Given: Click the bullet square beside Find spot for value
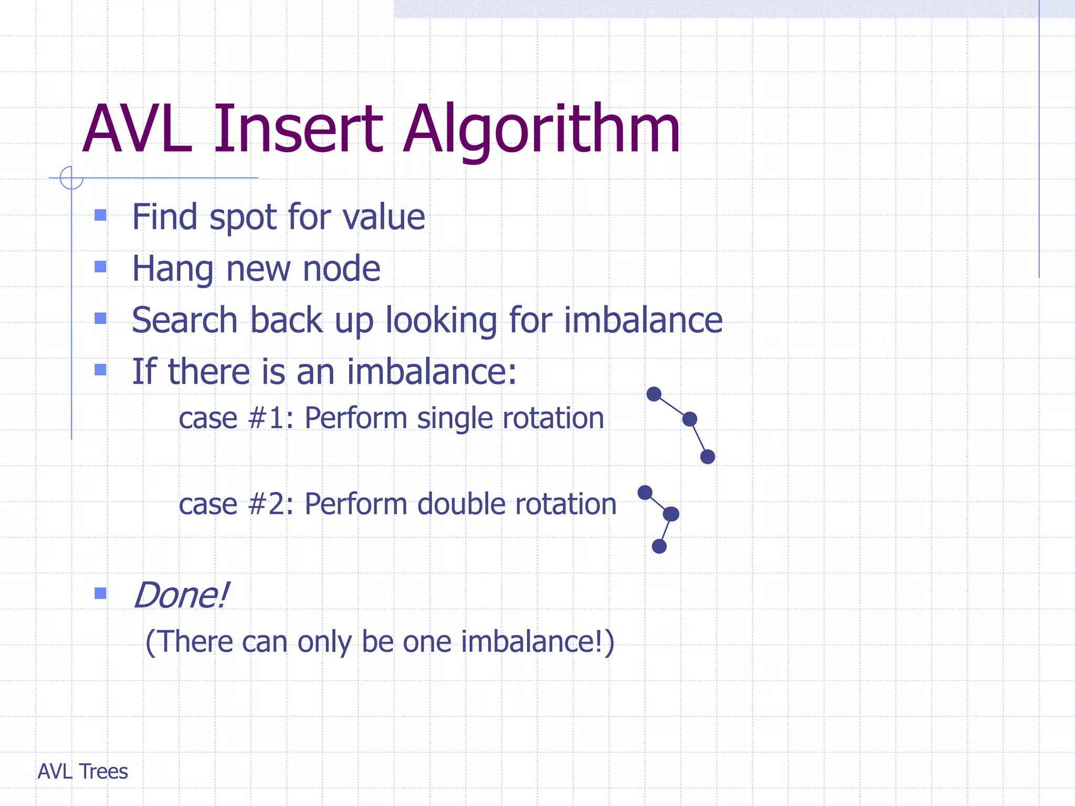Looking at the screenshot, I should tap(100, 215).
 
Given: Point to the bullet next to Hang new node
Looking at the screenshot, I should tap(100, 267).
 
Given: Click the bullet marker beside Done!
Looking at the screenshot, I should tap(100, 593).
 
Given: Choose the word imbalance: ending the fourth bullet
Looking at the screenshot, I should tap(431, 372).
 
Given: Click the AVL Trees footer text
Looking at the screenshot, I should tap(83, 771).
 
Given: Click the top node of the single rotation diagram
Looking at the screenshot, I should tap(654, 394).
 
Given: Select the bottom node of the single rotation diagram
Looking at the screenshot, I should tap(708, 457).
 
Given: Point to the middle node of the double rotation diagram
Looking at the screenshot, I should tap(671, 514).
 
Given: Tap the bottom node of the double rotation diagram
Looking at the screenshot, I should tap(659, 546).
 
